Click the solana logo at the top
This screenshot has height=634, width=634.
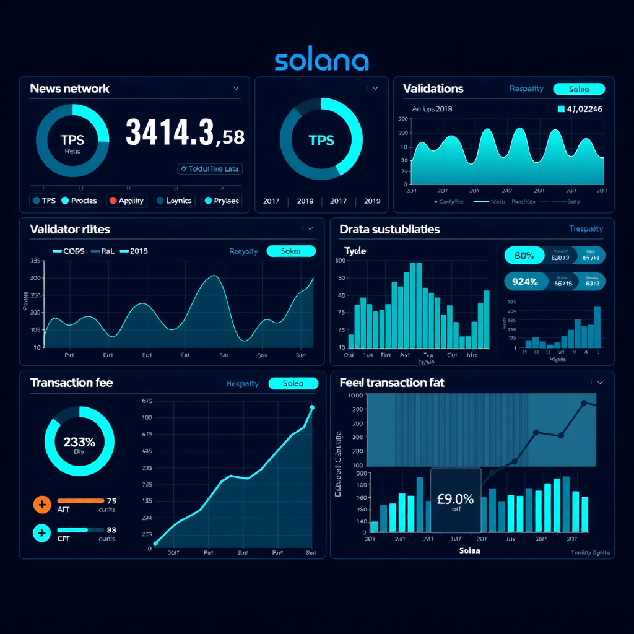click(321, 61)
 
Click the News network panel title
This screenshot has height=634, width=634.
click(69, 89)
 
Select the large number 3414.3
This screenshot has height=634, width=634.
click(170, 132)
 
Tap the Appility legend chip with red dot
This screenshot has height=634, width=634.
click(126, 201)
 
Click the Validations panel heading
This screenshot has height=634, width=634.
click(433, 89)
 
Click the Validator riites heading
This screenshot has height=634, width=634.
click(70, 229)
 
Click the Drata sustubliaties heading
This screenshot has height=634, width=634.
click(389, 229)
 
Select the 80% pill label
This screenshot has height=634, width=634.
click(524, 255)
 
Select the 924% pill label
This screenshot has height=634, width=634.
click(525, 282)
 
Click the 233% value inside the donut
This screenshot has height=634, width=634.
click(79, 442)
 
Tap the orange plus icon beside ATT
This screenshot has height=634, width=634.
click(41, 505)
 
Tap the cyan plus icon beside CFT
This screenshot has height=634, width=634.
click(41, 533)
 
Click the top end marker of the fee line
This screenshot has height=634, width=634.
click(311, 407)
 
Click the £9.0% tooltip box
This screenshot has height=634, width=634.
click(455, 500)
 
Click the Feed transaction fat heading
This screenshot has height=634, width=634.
click(392, 383)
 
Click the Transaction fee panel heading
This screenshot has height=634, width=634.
click(71, 383)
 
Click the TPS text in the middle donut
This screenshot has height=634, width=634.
click(321, 140)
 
